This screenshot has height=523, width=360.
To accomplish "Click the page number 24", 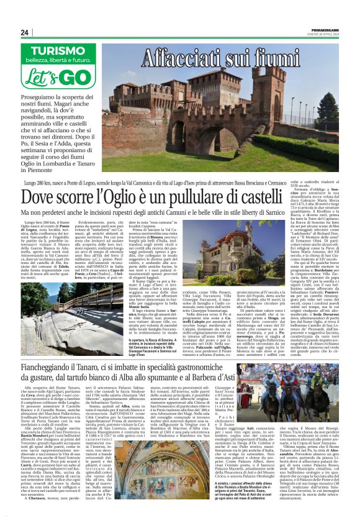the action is coord(25,32).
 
